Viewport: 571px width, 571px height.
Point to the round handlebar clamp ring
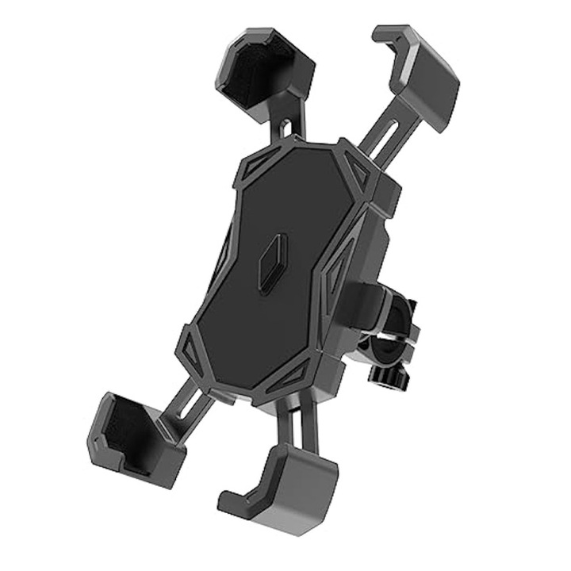click(389, 333)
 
